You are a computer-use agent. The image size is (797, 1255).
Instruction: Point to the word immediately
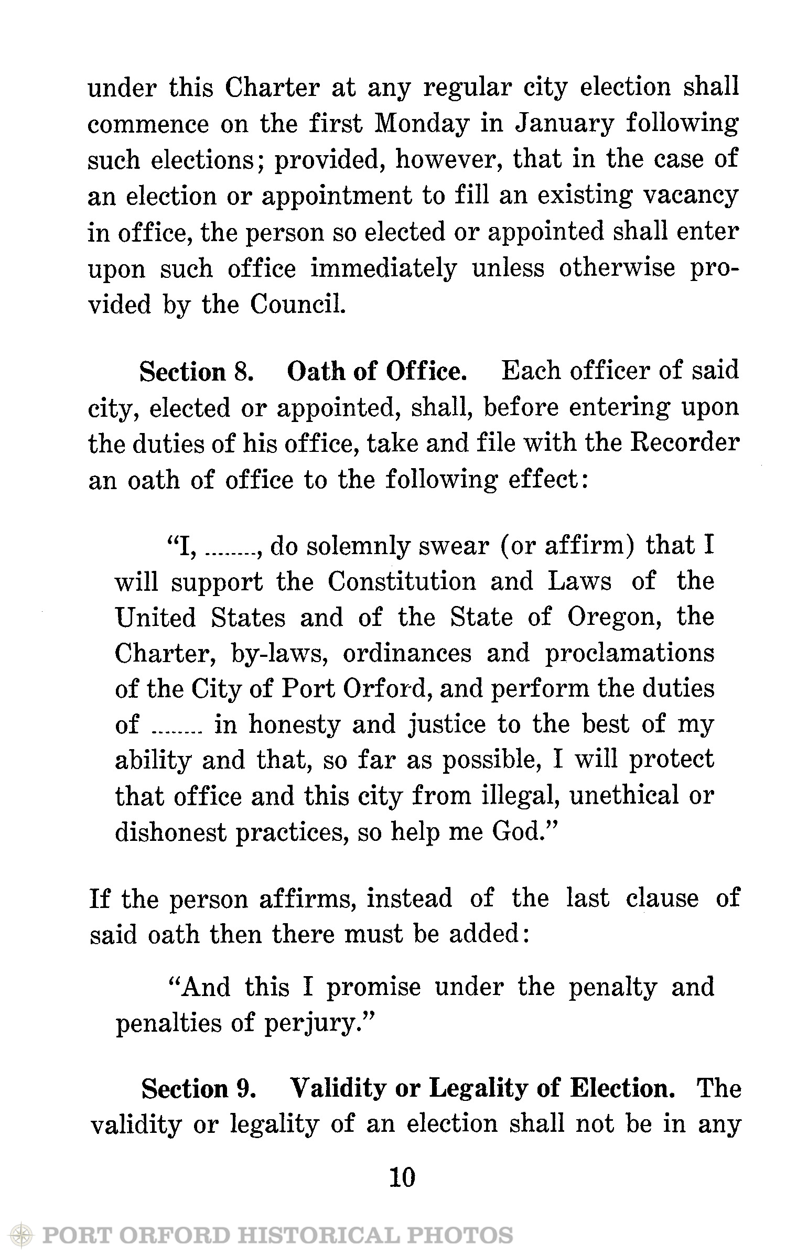(x=384, y=268)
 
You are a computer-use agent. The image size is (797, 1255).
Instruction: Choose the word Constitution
(x=402, y=582)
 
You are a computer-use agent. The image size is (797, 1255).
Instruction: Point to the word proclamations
(x=629, y=654)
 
